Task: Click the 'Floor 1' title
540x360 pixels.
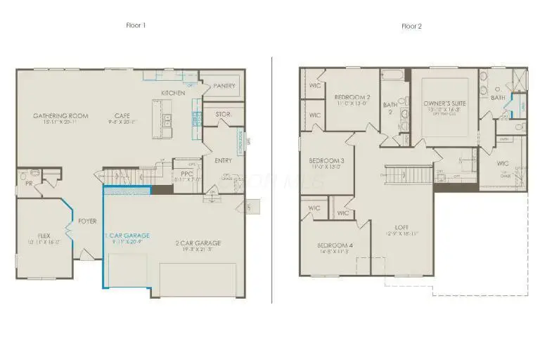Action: (x=135, y=25)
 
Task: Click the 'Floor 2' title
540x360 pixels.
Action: (x=411, y=26)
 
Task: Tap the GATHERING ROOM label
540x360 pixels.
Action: (x=61, y=116)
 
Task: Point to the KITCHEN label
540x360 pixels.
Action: (x=173, y=93)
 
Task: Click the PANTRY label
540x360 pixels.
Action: (x=224, y=86)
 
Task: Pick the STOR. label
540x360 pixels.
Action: (x=223, y=113)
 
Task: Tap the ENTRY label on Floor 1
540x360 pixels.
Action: (x=224, y=161)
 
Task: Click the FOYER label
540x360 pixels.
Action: (x=87, y=221)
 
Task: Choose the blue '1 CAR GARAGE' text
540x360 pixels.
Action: (x=127, y=235)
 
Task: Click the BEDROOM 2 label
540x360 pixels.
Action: (x=352, y=97)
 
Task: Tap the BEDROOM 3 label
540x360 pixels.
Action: (x=327, y=161)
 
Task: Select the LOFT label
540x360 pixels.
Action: (x=401, y=227)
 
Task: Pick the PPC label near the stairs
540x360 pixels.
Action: (x=186, y=173)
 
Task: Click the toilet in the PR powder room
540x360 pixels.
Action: (x=24, y=176)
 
